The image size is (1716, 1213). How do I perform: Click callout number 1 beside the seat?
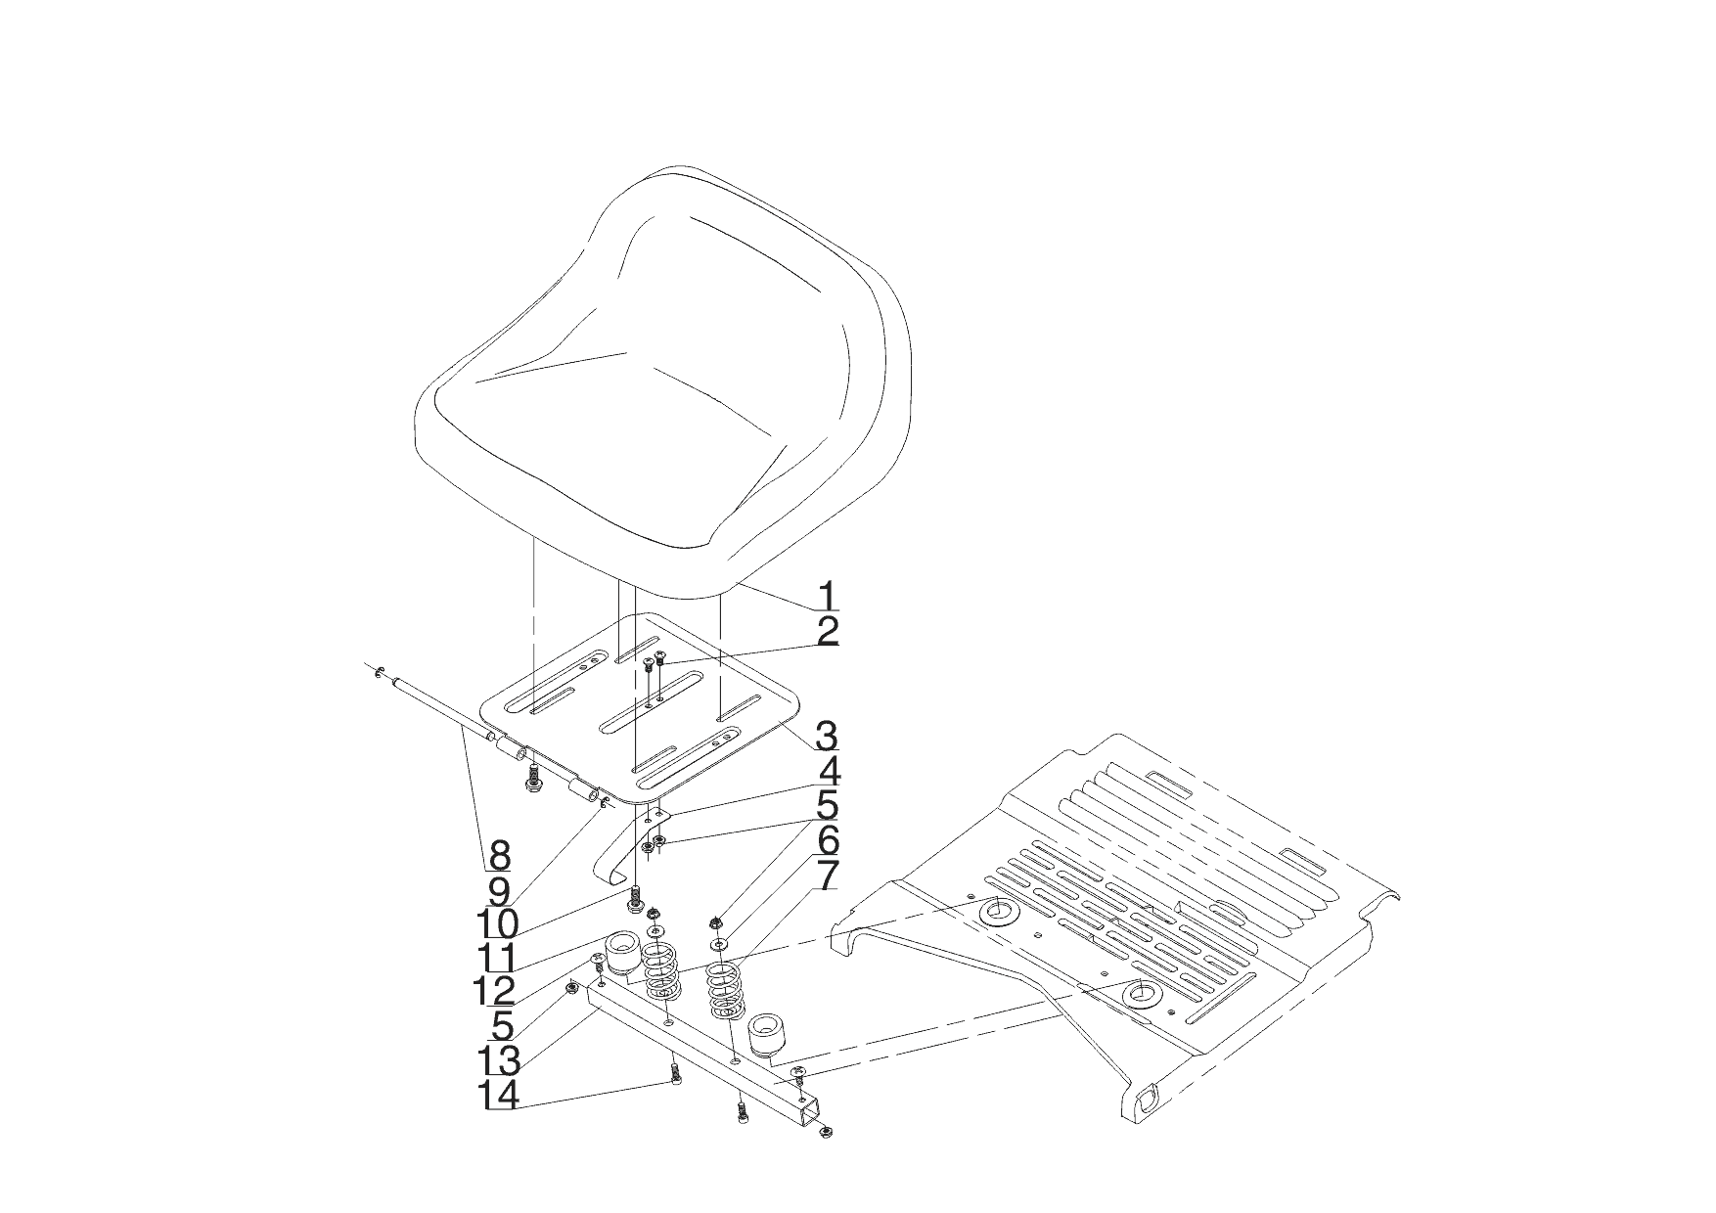pos(827,594)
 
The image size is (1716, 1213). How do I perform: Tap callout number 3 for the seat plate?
pos(827,734)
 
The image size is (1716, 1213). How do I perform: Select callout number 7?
pos(827,876)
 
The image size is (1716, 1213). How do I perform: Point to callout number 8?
pos(499,856)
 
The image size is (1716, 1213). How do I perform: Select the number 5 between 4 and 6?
pos(827,805)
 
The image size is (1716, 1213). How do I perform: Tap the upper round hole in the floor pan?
pos(999,911)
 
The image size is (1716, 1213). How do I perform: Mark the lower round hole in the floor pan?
pos(1141,995)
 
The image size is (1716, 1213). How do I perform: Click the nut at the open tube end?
pos(827,1133)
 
